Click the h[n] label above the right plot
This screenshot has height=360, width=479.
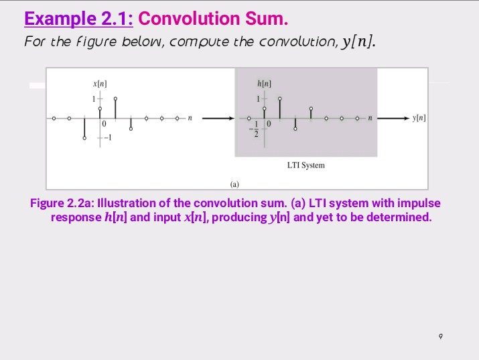pyautogui.click(x=264, y=82)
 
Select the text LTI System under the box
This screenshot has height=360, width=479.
pyautogui.click(x=305, y=165)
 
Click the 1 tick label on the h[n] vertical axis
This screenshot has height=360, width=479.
pyautogui.click(x=255, y=98)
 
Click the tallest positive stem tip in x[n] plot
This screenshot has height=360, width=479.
pyautogui.click(x=115, y=98)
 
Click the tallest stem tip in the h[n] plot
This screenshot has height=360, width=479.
pyautogui.click(x=280, y=98)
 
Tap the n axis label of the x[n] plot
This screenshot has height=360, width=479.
pyautogui.click(x=190, y=118)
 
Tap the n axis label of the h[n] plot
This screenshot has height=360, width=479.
pyautogui.click(x=369, y=118)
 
